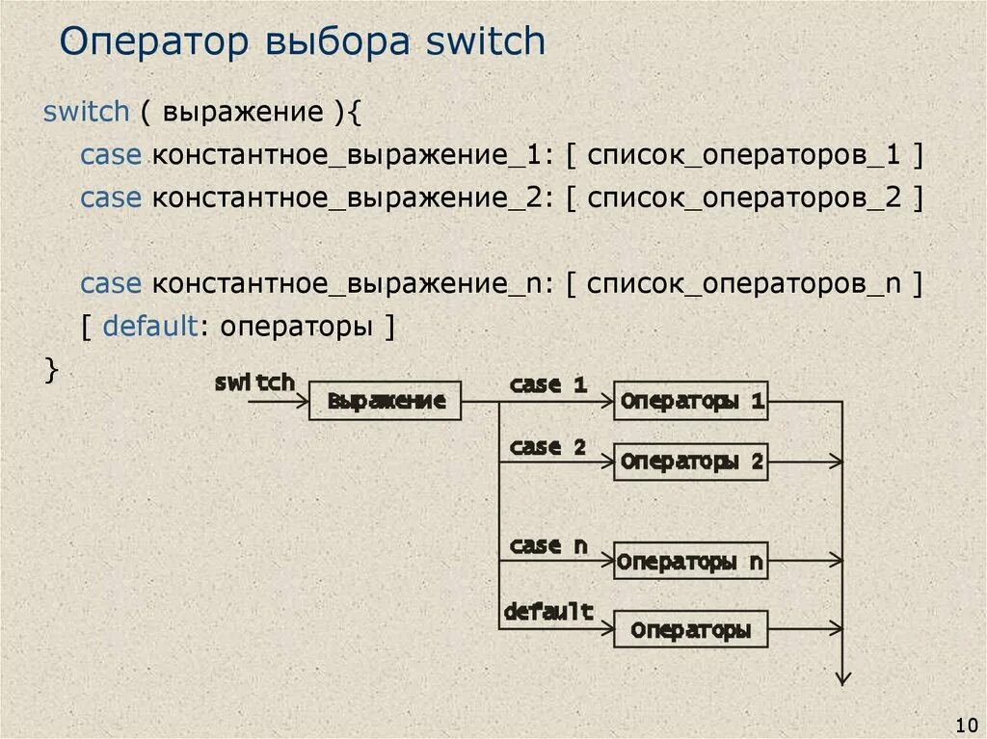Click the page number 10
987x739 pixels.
pyautogui.click(x=965, y=724)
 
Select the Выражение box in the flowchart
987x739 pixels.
pyautogui.click(x=386, y=401)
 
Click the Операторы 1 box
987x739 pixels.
pyautogui.click(x=691, y=401)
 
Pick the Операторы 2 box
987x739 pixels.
pyautogui.click(x=691, y=462)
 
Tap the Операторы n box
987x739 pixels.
pyautogui.click(x=691, y=561)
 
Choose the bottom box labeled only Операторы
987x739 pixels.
pyautogui.click(x=691, y=630)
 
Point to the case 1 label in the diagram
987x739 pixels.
pyautogui.click(x=547, y=384)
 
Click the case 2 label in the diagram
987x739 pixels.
pyautogui.click(x=547, y=447)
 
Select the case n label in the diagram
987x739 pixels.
pyautogui.click(x=547, y=545)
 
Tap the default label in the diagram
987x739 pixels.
pyautogui.click(x=547, y=611)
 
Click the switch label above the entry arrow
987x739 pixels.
pyautogui.click(x=254, y=382)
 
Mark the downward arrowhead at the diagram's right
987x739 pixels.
pyautogui.click(x=843, y=676)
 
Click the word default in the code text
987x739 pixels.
pyautogui.click(x=150, y=327)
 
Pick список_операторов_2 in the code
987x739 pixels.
pyautogui.click(x=744, y=198)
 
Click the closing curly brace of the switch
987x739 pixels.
pyautogui.click(x=52, y=370)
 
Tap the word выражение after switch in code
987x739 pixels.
pyautogui.click(x=243, y=113)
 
